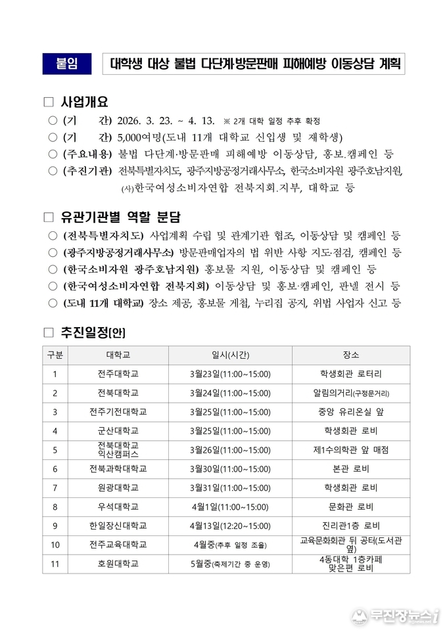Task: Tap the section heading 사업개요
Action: [x=84, y=102]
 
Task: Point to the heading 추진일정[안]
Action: [x=93, y=332]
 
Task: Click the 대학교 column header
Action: [x=118, y=355]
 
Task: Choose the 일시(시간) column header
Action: [x=229, y=355]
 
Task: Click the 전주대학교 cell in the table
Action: [x=118, y=374]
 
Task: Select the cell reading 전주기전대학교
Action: [x=118, y=412]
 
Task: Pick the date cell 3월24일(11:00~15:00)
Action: [x=229, y=393]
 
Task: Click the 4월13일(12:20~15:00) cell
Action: [x=229, y=526]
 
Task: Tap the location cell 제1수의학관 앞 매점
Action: [x=351, y=450]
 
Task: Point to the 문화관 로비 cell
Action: [x=351, y=507]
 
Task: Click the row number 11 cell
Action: [x=55, y=564]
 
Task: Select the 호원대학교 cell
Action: [x=118, y=564]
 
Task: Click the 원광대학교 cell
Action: [x=118, y=487]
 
